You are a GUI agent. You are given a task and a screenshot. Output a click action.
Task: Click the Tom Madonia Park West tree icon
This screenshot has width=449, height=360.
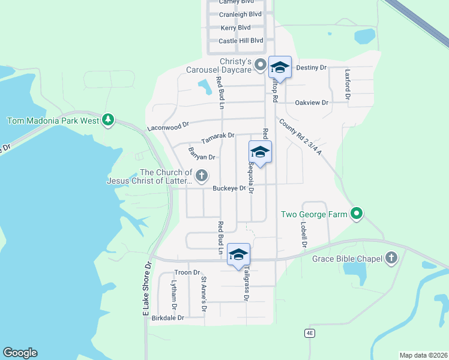[x=108, y=120]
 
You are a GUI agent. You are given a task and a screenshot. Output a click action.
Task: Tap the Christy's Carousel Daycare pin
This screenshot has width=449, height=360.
[x=261, y=64]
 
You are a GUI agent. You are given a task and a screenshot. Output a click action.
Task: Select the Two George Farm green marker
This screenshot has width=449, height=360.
[x=357, y=214]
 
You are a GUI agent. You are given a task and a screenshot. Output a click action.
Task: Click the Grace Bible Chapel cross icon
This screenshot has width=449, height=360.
[x=391, y=259]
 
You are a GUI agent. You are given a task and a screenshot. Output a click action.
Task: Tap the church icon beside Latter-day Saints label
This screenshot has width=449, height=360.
[x=202, y=176]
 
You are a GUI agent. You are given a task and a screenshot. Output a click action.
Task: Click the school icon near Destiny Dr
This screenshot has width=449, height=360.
[x=280, y=67]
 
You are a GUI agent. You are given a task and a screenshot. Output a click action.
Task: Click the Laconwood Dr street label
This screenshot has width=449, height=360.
[x=168, y=126]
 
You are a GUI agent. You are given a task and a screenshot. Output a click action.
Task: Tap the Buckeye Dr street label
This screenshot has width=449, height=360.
[x=229, y=188]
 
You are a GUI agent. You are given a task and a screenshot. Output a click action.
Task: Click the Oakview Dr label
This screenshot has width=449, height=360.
[x=312, y=103]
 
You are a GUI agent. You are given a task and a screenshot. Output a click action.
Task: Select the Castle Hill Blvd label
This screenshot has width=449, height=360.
[x=241, y=41]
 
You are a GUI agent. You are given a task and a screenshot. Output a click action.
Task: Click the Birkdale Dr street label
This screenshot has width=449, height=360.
[x=167, y=317]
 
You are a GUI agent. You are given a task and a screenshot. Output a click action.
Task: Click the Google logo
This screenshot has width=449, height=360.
[x=20, y=353]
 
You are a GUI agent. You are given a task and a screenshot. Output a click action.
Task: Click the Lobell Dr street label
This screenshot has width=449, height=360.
[x=304, y=235]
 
